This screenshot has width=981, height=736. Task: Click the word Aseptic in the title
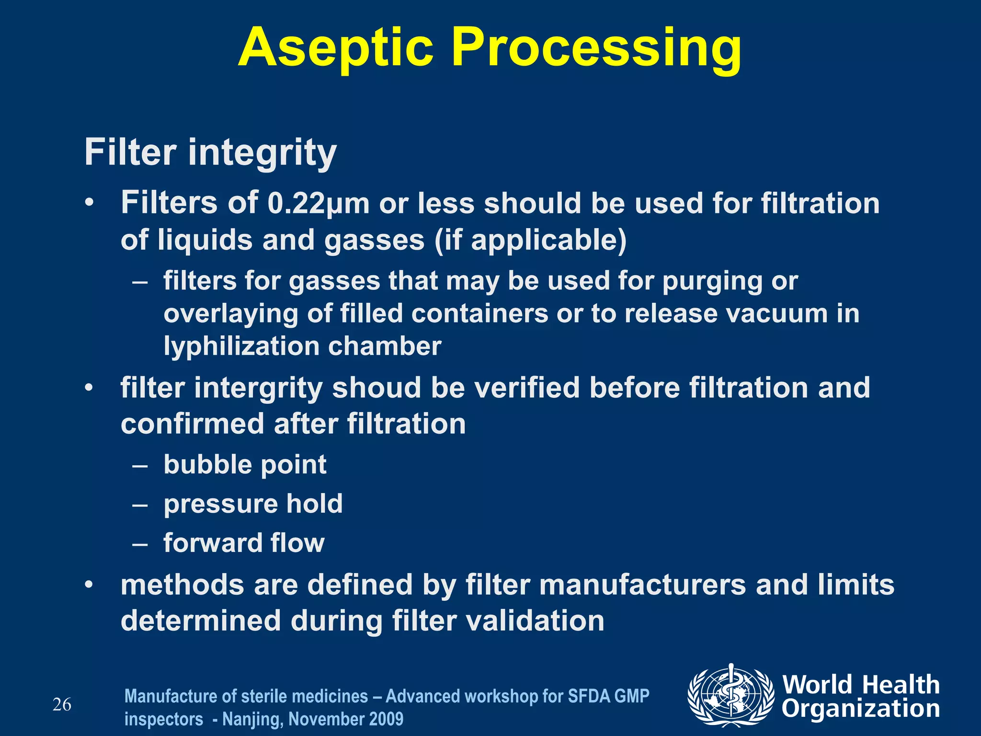point(335,48)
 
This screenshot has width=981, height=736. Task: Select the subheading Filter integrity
point(211,152)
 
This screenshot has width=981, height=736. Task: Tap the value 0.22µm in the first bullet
point(319,204)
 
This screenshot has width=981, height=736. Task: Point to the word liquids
point(205,240)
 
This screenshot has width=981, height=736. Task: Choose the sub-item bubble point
point(245,465)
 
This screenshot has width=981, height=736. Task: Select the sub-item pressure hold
point(253,504)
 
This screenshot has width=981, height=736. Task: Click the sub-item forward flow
point(244,543)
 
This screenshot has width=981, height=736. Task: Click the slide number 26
point(62,705)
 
